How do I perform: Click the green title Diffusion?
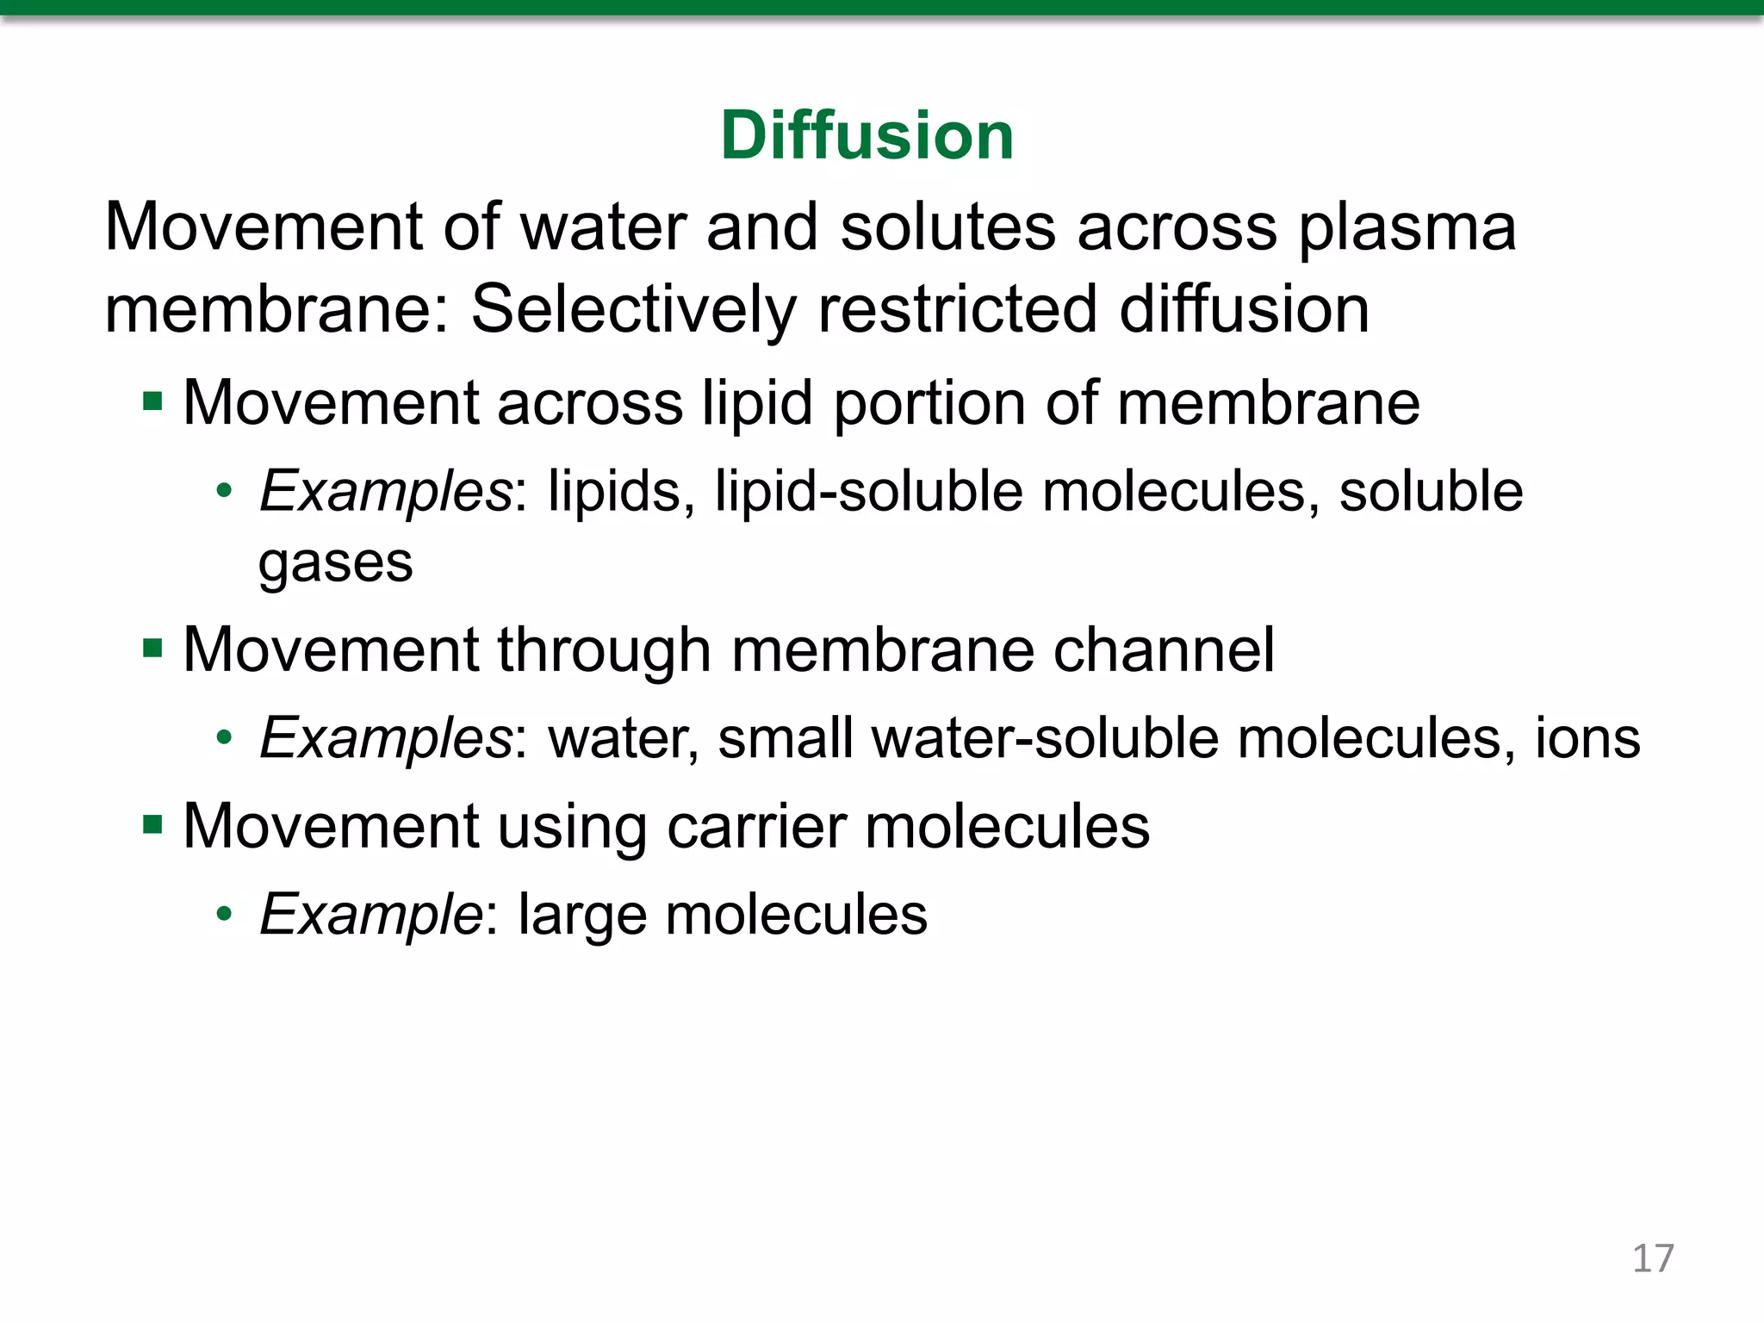866,136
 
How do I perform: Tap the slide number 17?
1653,1259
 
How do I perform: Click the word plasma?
1407,229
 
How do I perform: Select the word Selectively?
633,310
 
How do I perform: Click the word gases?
335,564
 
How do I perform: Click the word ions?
1587,739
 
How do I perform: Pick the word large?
581,916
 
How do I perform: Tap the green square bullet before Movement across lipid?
153,401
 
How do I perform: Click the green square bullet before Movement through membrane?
153,648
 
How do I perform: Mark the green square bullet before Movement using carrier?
153,825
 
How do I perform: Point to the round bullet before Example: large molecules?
225,914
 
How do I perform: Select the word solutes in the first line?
947,229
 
